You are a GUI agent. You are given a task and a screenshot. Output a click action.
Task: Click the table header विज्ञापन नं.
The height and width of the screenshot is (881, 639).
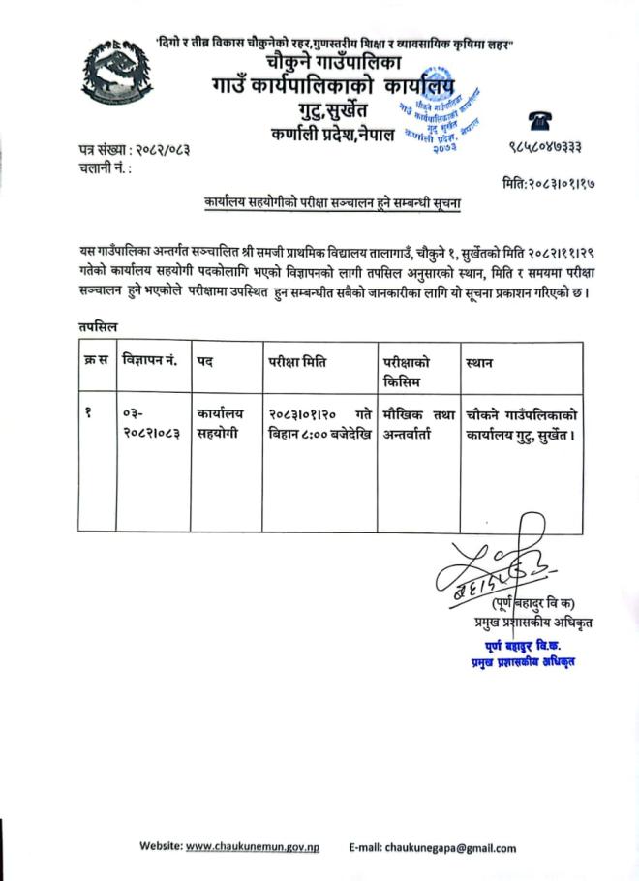click(149, 361)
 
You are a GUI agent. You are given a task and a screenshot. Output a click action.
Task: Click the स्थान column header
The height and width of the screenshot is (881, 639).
click(480, 361)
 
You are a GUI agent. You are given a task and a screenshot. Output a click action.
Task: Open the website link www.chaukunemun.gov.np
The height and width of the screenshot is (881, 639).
click(253, 847)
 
